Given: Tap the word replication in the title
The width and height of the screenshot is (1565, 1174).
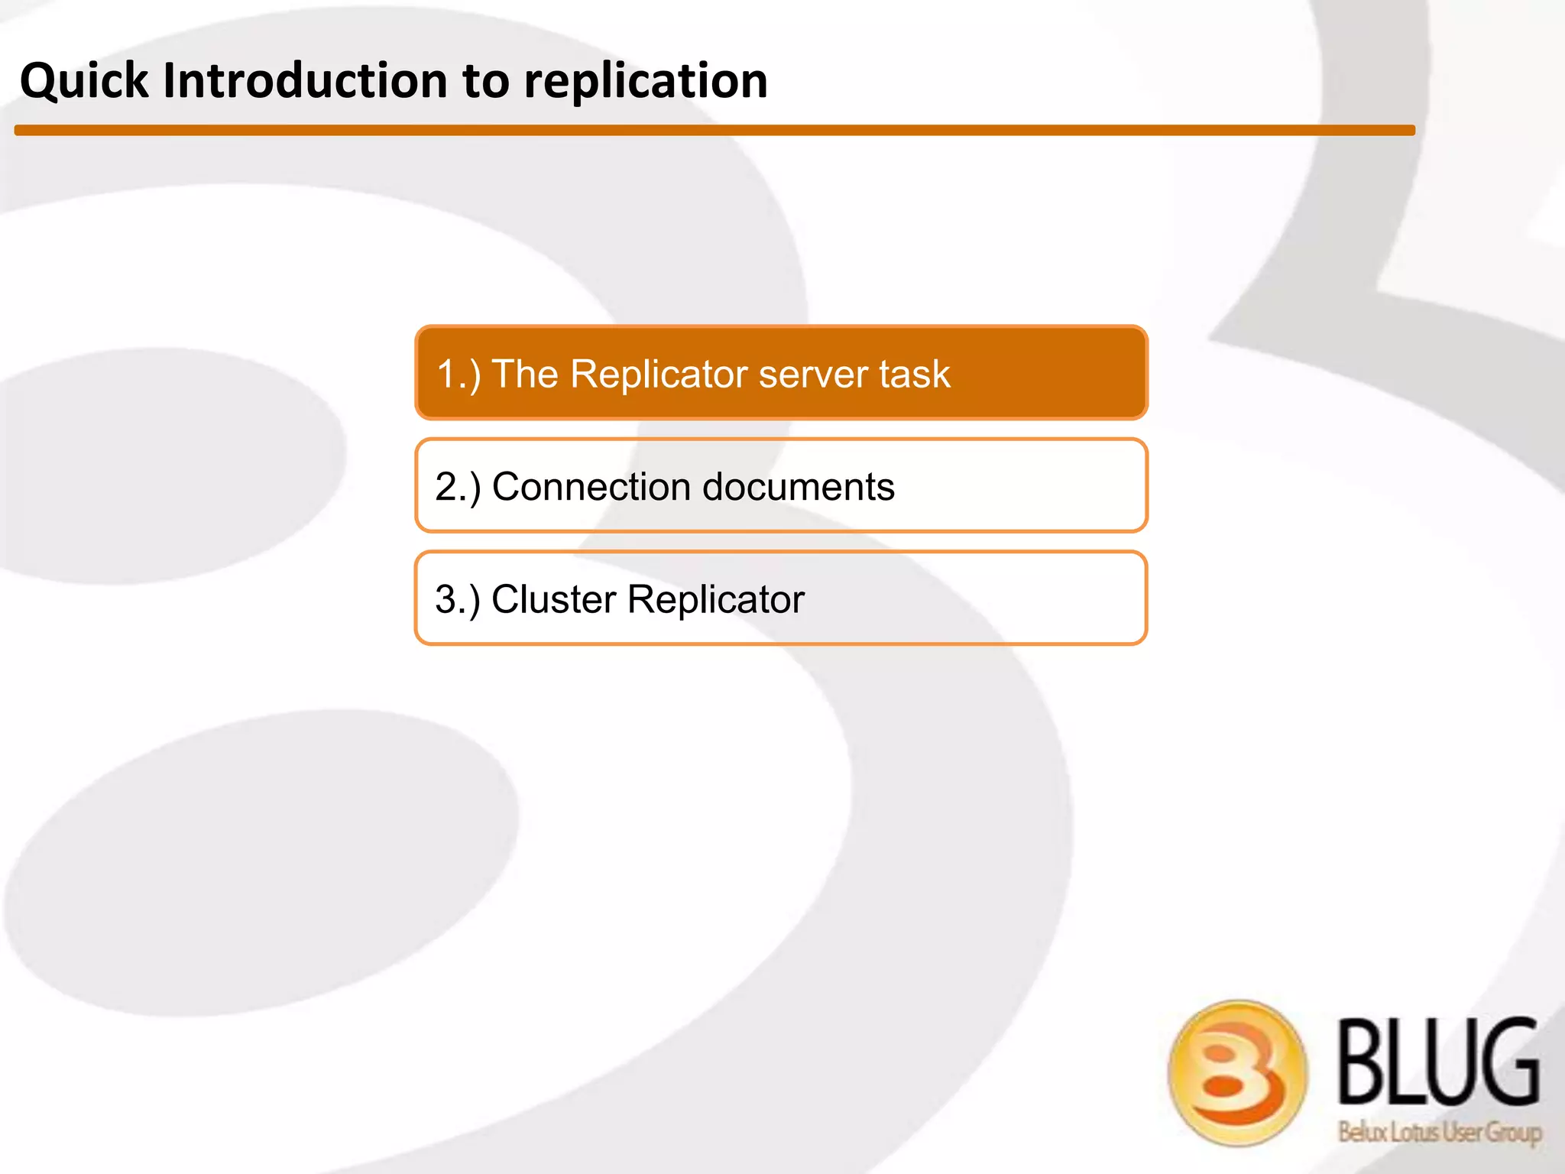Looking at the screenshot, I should [x=645, y=81].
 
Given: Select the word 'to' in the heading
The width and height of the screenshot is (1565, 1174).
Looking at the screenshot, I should [x=485, y=81].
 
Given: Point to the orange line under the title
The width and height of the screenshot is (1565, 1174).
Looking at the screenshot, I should [x=714, y=131].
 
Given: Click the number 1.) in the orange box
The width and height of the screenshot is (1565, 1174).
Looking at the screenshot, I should [x=458, y=375].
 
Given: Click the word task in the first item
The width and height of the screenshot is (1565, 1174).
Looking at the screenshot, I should [x=914, y=375].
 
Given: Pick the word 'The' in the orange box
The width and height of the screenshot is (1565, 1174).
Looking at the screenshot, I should [x=525, y=375].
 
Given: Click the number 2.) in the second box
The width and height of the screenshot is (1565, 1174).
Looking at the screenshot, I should [x=458, y=487].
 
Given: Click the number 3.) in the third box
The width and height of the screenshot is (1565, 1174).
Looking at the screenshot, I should [x=458, y=599].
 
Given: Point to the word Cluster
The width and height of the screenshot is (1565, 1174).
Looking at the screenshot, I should [x=553, y=599].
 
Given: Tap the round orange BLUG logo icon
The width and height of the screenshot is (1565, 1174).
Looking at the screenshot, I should [x=1237, y=1072].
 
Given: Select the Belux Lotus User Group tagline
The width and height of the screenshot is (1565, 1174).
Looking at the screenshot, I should [x=1439, y=1132].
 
